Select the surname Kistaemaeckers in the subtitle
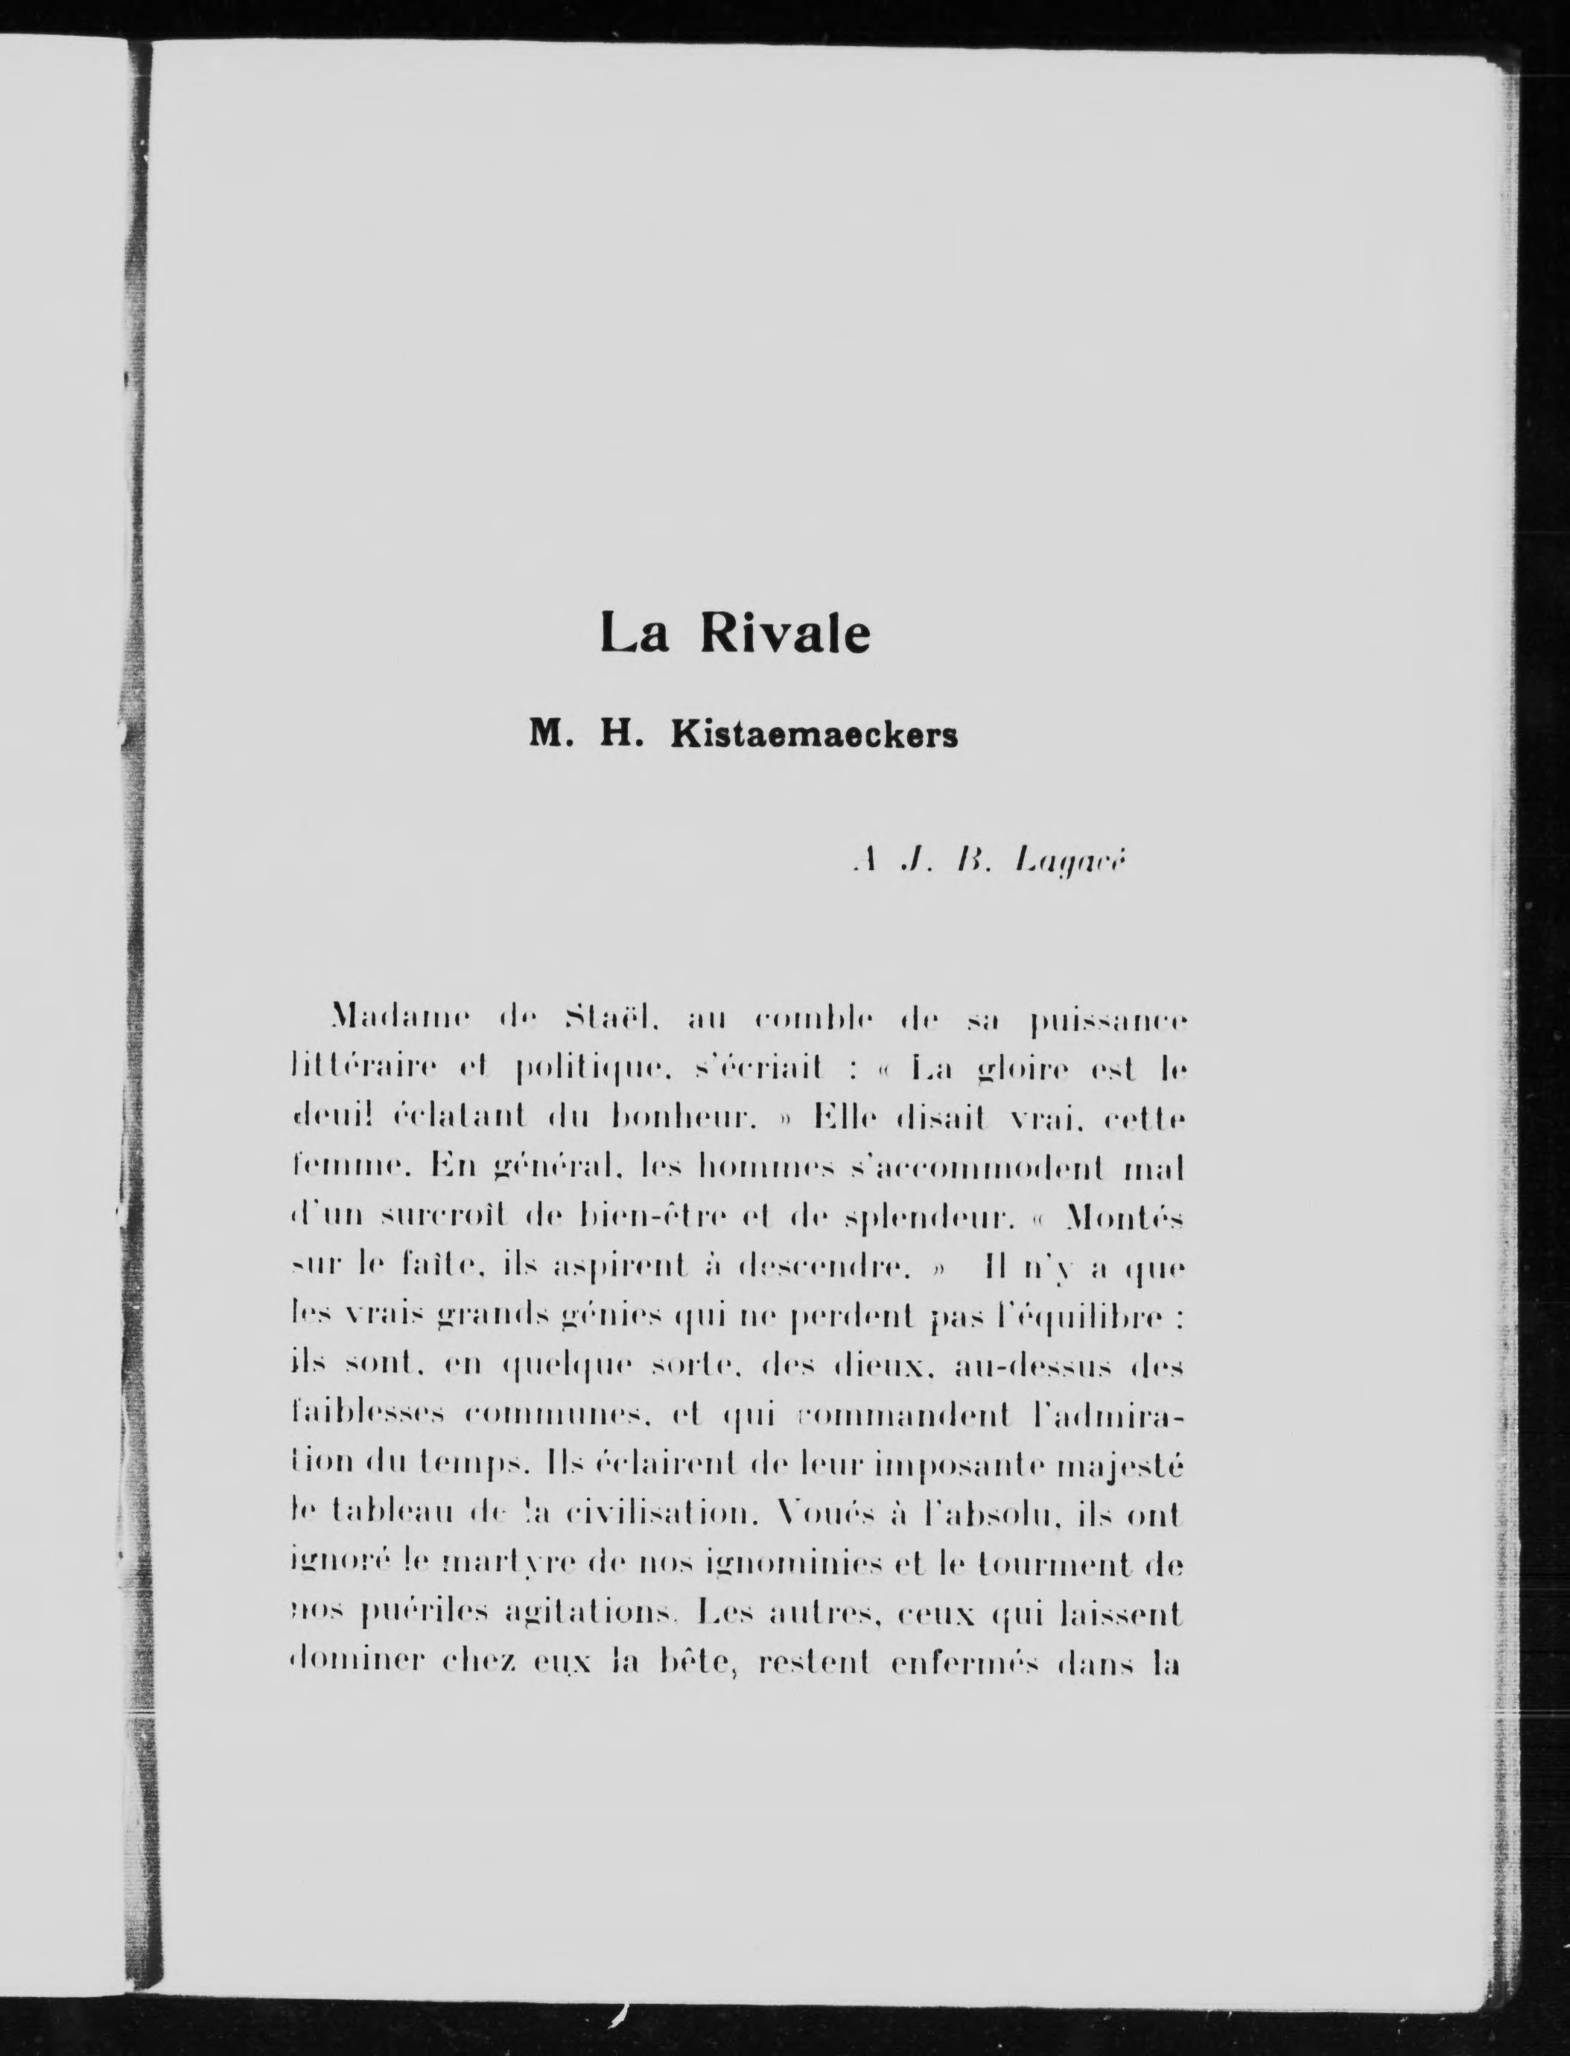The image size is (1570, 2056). tap(814, 735)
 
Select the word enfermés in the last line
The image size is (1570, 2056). tap(954, 1663)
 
